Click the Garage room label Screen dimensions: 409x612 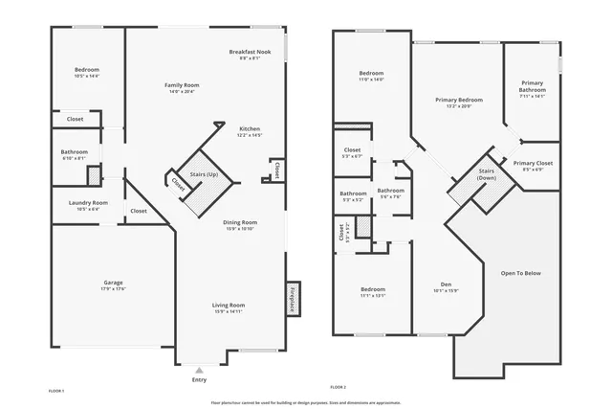coord(114,282)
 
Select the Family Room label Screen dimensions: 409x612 coord(182,85)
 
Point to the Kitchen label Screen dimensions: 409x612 coord(249,128)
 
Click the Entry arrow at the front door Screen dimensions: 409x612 coord(199,369)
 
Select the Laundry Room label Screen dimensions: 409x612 coord(88,202)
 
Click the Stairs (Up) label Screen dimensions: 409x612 coord(204,175)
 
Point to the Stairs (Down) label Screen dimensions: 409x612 coord(487,173)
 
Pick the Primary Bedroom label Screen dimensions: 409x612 coord(458,100)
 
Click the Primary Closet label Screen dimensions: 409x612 coord(532,163)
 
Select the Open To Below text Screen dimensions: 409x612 coord(519,273)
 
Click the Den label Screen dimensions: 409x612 coord(446,284)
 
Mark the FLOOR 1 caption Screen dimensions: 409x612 coord(56,391)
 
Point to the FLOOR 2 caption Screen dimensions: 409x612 coord(338,386)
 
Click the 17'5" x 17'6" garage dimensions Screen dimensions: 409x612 coord(114,288)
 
